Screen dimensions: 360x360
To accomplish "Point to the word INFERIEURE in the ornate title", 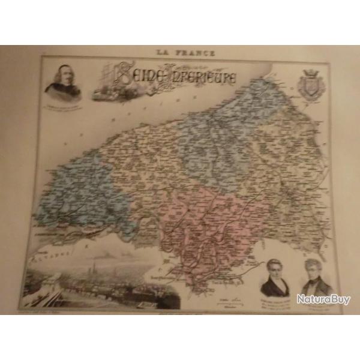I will coord(204,77).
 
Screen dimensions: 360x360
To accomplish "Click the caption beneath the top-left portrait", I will coord(64,106).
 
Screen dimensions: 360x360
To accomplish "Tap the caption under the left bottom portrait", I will coord(274,300).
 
